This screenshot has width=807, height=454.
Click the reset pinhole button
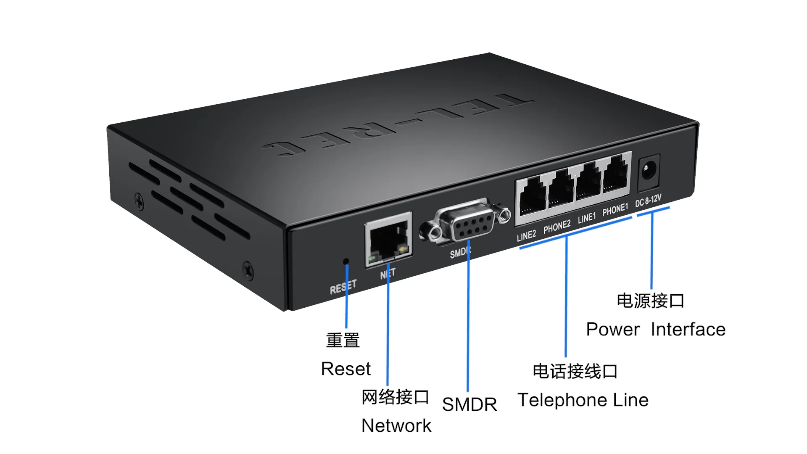tap(346, 261)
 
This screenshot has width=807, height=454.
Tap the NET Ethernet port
tap(388, 240)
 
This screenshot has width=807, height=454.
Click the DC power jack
tap(648, 172)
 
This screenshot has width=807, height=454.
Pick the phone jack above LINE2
tap(533, 196)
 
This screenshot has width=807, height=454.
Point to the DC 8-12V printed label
tap(648, 201)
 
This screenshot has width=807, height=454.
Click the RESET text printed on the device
tap(343, 287)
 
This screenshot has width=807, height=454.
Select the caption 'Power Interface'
tap(656, 330)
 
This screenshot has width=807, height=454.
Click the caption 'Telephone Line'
tap(583, 400)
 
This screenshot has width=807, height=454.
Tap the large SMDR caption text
tap(469, 404)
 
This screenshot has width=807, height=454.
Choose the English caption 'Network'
tap(396, 426)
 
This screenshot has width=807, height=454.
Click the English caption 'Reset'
tap(345, 369)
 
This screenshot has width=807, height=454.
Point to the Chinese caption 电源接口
tap(651, 301)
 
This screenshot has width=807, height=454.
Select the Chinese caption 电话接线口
tap(575, 372)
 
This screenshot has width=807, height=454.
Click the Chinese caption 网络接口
tap(395, 397)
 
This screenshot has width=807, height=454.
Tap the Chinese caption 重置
tap(343, 340)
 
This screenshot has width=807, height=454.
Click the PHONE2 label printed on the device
tap(557, 227)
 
